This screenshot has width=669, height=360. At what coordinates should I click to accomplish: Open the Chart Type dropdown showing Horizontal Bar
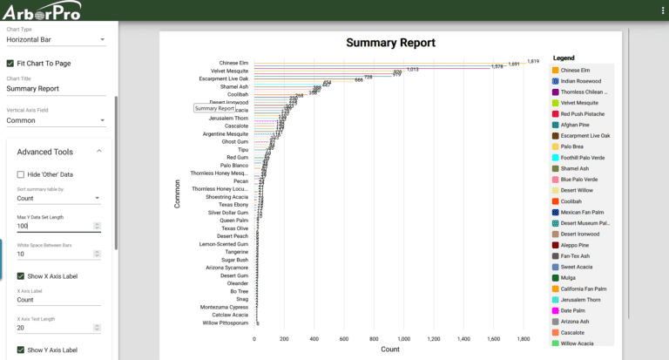coord(56,39)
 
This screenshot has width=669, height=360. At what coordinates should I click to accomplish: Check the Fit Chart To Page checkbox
coord(10,63)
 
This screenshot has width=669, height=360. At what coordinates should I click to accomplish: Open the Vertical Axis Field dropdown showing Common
coord(56,121)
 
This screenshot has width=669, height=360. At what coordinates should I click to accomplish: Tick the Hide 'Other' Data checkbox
coord(20,174)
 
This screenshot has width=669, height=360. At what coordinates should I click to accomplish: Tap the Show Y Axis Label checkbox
coord(20,350)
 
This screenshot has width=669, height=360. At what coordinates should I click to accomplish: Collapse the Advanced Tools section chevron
coord(98,152)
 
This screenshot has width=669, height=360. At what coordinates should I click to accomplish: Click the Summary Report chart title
coord(390,43)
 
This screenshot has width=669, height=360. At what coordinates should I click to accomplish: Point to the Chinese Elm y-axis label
coord(233,63)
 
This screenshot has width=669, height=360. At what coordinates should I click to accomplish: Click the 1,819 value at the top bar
coord(533,61)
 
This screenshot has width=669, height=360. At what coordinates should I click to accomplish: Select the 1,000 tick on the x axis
coord(403,338)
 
